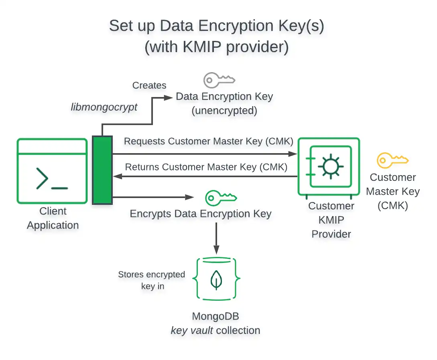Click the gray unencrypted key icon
(219, 80)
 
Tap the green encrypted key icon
(221, 198)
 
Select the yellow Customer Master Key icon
(392, 160)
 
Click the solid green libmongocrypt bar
(102, 170)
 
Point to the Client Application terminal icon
(52, 171)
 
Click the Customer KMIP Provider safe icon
(329, 166)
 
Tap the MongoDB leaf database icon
(217, 279)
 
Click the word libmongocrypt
(104, 107)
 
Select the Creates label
(149, 85)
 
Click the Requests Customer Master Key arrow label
(209, 142)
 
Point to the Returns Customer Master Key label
(206, 167)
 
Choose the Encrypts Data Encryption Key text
(201, 214)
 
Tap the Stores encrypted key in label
(152, 280)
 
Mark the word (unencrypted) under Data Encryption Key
(224, 111)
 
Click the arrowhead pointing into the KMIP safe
(293, 154)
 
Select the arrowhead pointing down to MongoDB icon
(217, 250)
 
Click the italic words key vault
(190, 330)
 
